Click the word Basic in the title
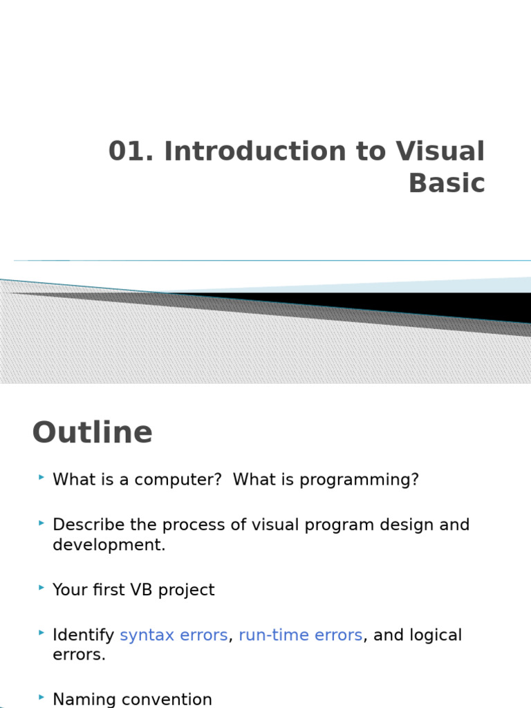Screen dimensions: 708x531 447,183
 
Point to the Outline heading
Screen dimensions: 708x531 92,433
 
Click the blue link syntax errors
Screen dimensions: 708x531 174,635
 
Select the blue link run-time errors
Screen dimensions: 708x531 300,635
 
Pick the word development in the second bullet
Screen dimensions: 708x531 109,545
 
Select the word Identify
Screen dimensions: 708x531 83,635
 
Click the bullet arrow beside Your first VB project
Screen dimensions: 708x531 42,588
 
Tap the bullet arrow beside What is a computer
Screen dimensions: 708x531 42,478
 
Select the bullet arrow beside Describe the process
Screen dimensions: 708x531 42,523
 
